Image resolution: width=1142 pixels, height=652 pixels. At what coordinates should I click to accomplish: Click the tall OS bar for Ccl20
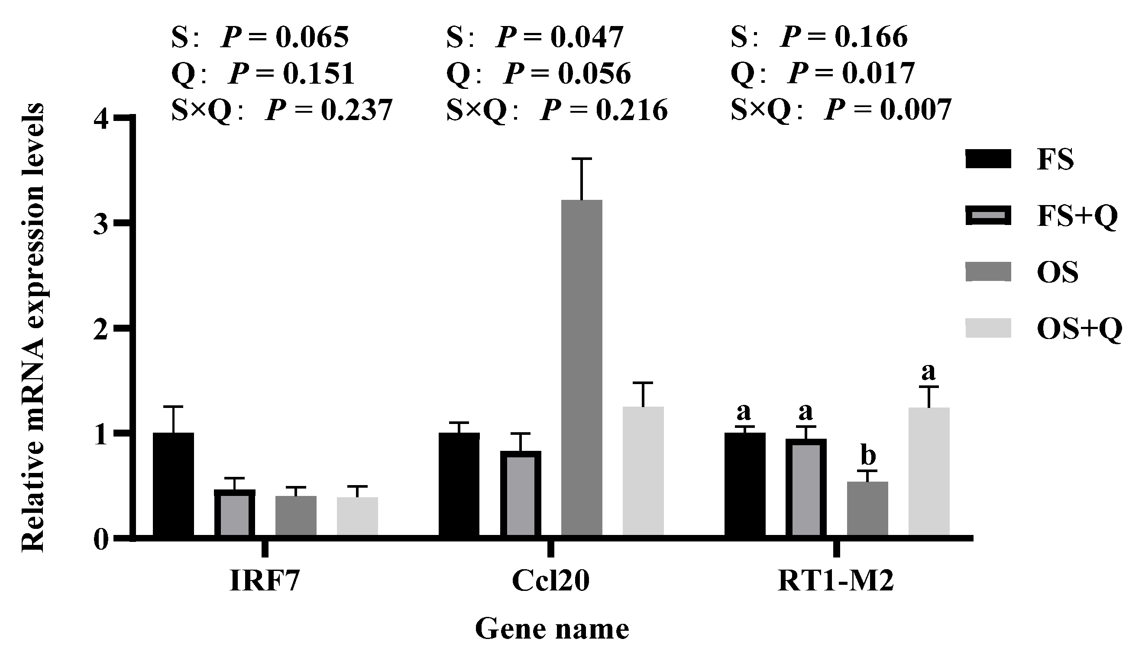pyautogui.click(x=582, y=367)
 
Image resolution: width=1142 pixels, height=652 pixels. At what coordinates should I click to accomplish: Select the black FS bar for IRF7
pyautogui.click(x=173, y=484)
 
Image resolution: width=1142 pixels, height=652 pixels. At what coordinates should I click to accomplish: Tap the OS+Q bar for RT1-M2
pyautogui.click(x=929, y=470)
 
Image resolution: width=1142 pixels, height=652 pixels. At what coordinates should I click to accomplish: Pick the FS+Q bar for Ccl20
pyautogui.click(x=520, y=492)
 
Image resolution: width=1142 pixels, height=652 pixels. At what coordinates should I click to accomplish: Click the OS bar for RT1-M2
pyautogui.click(x=867, y=508)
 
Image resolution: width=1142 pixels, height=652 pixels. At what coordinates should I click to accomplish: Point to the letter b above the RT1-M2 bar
pyautogui.click(x=868, y=456)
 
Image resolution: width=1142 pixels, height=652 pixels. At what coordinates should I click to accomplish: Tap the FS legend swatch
pyautogui.click(x=988, y=159)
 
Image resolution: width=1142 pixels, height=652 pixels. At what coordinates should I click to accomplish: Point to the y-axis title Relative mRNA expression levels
pyautogui.click(x=33, y=327)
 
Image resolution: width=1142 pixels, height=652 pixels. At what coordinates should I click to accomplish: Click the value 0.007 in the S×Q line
pyautogui.click(x=915, y=110)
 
